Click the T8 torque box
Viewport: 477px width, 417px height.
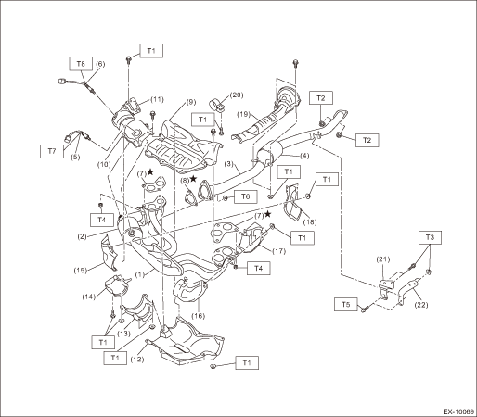(81, 64)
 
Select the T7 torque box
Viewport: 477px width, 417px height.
(52, 151)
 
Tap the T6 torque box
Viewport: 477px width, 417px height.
(245, 196)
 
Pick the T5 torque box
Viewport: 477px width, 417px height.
(346, 305)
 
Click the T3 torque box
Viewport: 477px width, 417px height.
(430, 237)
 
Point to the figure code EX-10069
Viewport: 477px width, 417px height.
(458, 411)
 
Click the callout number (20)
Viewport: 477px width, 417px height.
(237, 95)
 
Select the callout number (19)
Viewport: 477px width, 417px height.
(244, 114)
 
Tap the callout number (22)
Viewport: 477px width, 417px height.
(421, 305)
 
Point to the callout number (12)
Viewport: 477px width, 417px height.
(137, 360)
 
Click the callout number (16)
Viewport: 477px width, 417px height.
(199, 316)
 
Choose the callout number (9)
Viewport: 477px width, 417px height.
(191, 102)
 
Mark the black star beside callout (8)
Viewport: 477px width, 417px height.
(193, 179)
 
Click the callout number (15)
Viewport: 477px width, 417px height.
(81, 271)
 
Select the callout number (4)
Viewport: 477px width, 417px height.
(304, 156)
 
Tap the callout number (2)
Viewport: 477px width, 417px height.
(82, 237)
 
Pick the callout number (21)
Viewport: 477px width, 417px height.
(383, 259)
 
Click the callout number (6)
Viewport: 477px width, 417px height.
(100, 64)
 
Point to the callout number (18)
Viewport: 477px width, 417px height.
(310, 221)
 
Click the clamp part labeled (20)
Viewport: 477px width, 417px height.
(217, 106)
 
